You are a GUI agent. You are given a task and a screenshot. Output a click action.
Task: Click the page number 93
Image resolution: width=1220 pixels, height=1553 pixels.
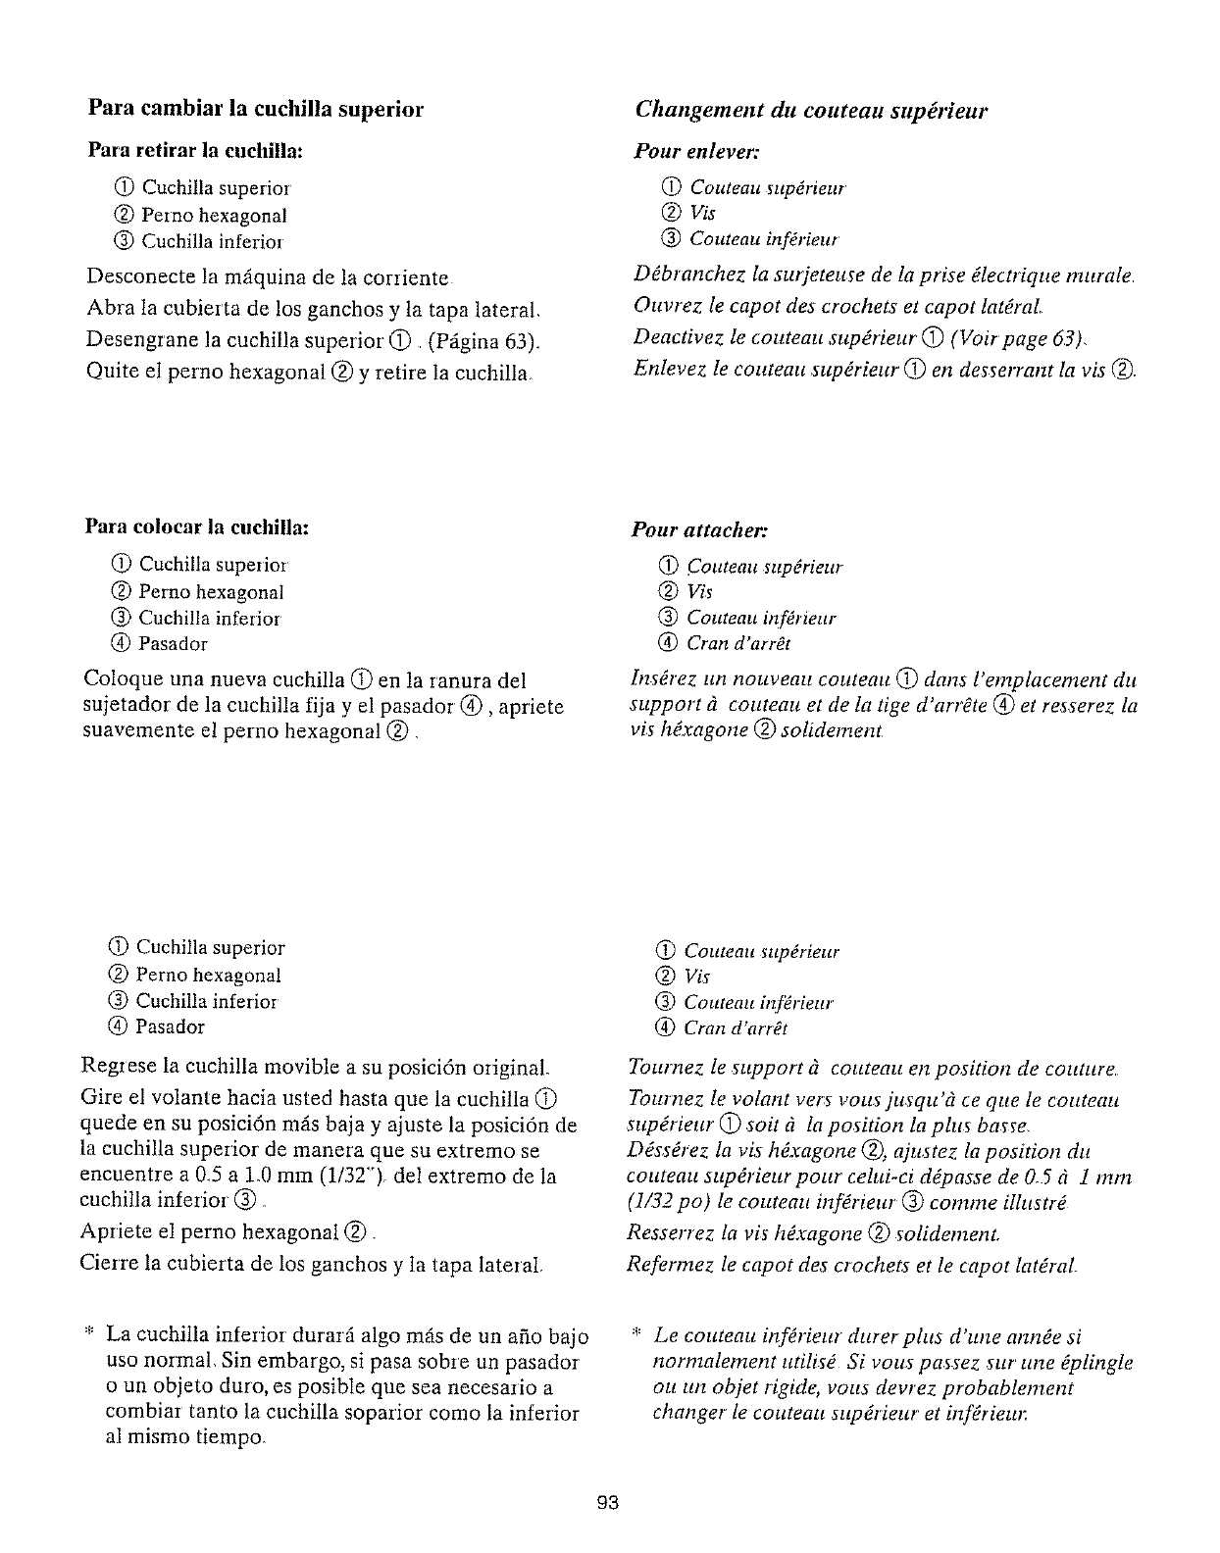[609, 1503]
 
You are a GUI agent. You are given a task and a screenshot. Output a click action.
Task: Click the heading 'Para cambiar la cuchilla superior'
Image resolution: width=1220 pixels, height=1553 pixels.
[255, 109]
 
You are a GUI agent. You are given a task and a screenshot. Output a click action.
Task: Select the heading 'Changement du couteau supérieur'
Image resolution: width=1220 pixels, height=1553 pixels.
[811, 110]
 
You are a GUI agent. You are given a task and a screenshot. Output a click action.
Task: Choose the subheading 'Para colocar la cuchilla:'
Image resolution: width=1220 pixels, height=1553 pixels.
[197, 527]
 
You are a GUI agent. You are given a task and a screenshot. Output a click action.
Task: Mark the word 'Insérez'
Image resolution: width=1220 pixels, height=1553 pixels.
[659, 679]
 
